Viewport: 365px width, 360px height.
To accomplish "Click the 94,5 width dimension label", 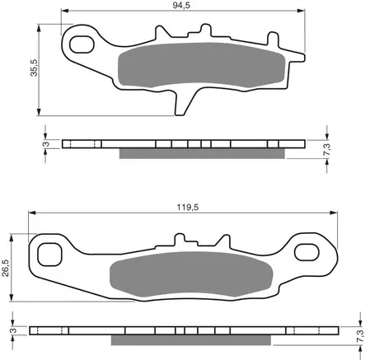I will point(171,6).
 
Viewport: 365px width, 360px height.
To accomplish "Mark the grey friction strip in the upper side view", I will point(203,153).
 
